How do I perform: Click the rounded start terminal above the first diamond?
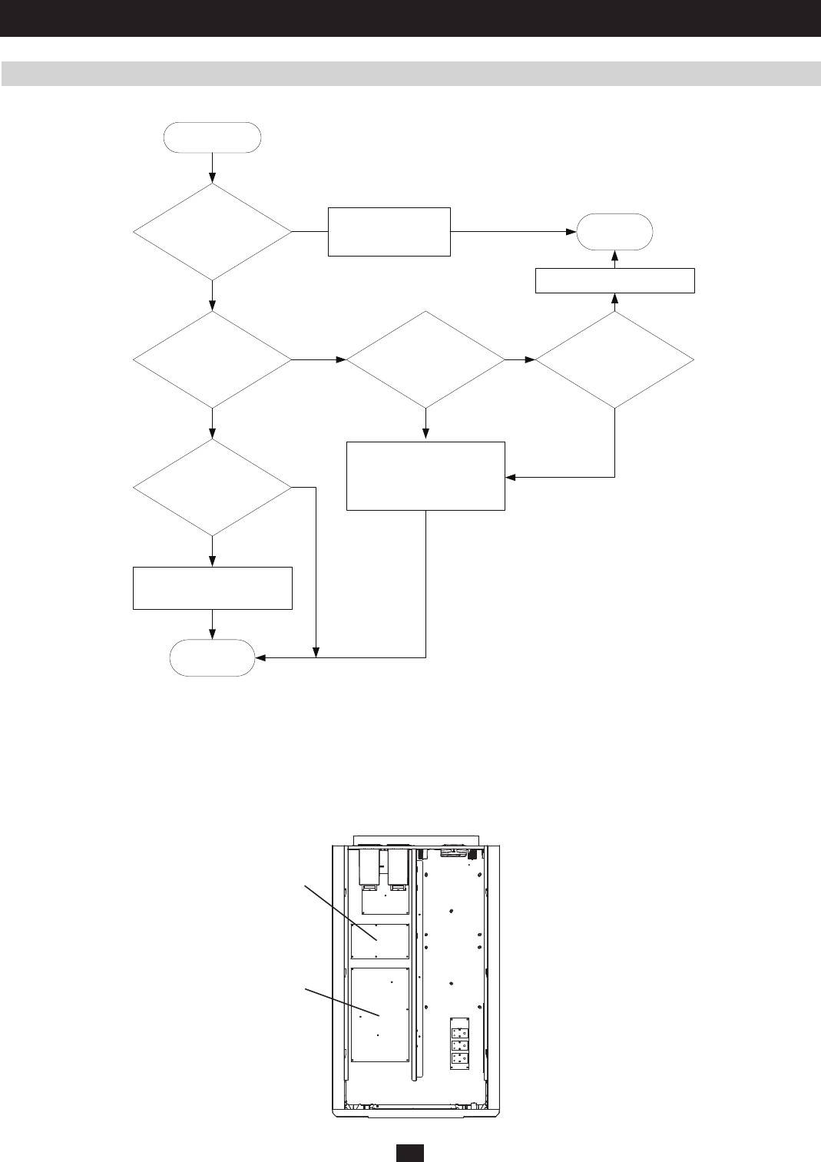pos(212,137)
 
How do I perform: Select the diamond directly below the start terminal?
pos(212,231)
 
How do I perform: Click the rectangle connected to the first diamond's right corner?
pos(389,231)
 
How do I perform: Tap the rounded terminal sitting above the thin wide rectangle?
pos(615,230)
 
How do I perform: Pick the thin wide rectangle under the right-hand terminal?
pos(614,280)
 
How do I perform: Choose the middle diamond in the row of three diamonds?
pos(425,359)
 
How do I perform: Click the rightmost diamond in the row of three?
pos(614,359)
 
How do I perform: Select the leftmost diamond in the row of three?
pos(212,359)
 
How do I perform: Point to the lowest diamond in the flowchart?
pos(212,488)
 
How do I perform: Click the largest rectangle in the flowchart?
pos(425,476)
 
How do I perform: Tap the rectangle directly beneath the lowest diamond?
pos(212,588)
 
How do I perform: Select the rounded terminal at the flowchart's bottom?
pos(212,657)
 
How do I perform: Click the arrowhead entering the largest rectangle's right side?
pos(510,477)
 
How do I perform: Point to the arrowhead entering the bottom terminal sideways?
pos(260,657)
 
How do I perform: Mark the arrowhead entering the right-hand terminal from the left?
pos(573,231)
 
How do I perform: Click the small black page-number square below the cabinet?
pos(411,1153)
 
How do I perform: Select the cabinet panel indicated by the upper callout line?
pos(379,941)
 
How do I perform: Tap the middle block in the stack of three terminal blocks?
pos(459,1046)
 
